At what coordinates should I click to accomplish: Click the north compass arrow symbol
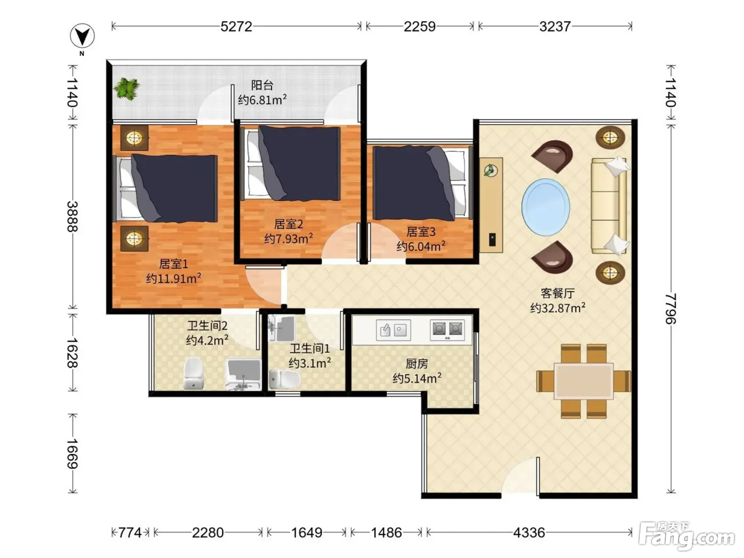(82, 36)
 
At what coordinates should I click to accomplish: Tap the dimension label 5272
(236, 27)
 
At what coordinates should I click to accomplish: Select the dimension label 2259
(419, 27)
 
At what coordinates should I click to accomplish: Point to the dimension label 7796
(671, 309)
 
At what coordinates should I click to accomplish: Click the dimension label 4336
(529, 533)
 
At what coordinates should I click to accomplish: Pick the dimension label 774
(130, 533)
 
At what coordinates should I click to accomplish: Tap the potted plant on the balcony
(127, 89)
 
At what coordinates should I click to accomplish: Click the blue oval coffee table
(545, 207)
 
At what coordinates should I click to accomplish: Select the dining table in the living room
(584, 381)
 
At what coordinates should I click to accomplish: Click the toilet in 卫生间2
(194, 374)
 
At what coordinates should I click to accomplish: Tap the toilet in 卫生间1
(285, 379)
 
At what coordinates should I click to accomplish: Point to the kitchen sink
(393, 330)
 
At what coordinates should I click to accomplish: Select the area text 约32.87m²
(557, 308)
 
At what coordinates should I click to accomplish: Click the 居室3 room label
(421, 232)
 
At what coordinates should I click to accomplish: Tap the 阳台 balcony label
(262, 85)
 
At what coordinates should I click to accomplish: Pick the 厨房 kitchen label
(417, 363)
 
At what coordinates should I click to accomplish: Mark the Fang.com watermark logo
(687, 536)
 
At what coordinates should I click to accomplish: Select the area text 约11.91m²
(174, 278)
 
